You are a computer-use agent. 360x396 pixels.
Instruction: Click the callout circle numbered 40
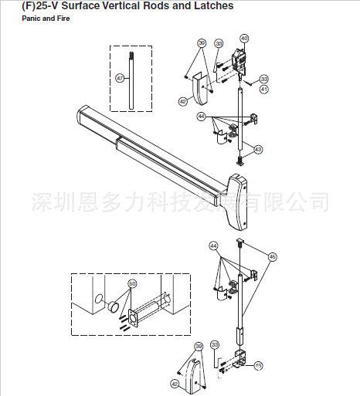pos(245,38)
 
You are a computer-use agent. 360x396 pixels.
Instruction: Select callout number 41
pos(264,90)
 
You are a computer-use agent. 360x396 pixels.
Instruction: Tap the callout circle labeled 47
pos(120,78)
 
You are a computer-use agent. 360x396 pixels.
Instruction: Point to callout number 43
pos(258,149)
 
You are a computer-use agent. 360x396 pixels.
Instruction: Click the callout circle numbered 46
pos(272,256)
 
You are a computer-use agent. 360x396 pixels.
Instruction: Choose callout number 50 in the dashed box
pos(131,284)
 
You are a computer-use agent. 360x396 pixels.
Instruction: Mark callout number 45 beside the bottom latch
pos(258,364)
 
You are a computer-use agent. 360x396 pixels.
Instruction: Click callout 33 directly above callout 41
pos(264,80)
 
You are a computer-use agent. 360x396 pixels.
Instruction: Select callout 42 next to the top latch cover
pos(183,101)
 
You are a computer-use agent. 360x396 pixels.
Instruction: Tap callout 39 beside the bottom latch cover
pos(199,346)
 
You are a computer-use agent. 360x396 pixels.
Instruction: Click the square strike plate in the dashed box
pos(132,316)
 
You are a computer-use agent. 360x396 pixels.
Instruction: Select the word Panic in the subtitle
pos(31,17)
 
